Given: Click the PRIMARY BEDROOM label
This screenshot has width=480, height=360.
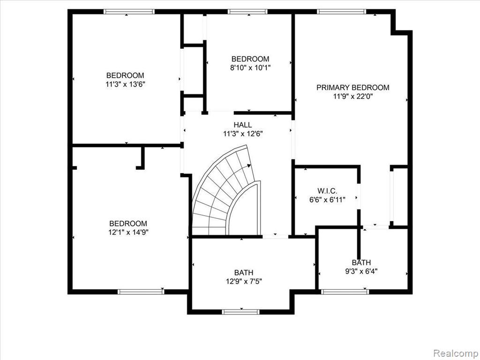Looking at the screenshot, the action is (352, 88).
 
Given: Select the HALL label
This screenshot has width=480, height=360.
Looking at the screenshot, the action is (243, 125).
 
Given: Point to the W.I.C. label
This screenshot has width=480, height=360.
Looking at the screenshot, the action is (327, 191).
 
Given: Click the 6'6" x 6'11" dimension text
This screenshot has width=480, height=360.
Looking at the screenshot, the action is (327, 200).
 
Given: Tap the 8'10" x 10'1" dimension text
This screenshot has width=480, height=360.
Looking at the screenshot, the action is (250, 67).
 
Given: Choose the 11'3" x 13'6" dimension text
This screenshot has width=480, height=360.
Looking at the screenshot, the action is (125, 84).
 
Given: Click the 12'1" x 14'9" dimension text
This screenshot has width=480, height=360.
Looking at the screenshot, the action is (128, 232).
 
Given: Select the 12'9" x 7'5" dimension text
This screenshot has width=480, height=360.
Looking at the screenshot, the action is (244, 281).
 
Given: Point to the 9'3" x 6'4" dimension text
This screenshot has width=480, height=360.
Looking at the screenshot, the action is (361, 271).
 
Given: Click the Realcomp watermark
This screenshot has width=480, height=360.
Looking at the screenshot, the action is (455, 353).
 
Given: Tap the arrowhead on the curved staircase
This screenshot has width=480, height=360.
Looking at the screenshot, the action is (249, 165).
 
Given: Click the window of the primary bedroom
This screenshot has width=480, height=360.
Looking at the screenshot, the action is (341, 12).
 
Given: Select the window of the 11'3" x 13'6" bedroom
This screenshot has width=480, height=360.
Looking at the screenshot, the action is (129, 12).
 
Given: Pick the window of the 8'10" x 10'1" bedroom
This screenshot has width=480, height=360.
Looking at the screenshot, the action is (247, 12).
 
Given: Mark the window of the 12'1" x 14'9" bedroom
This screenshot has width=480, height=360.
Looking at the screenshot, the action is (141, 292).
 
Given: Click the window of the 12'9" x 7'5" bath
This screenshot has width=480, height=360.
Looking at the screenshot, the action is (240, 312).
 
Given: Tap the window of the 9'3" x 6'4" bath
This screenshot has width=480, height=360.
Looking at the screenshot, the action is (345, 292).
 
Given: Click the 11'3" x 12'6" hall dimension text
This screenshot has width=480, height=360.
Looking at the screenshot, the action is (243, 134).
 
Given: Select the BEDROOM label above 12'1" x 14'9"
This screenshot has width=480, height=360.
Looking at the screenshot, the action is (128, 224).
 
